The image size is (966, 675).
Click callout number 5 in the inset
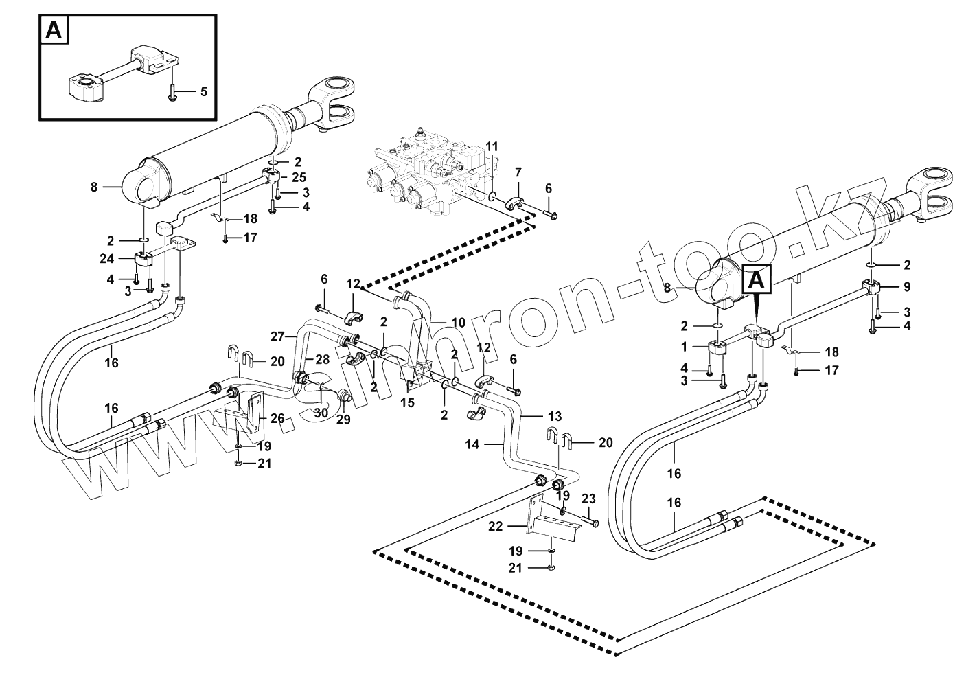tap(203, 91)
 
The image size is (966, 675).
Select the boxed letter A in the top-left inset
tap(54, 31)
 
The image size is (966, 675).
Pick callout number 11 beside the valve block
tap(492, 146)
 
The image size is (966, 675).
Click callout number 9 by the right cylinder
tap(907, 287)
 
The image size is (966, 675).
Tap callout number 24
tap(106, 260)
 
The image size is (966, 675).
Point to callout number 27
tap(277, 336)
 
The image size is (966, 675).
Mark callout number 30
tap(321, 413)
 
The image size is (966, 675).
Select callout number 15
tap(408, 402)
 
